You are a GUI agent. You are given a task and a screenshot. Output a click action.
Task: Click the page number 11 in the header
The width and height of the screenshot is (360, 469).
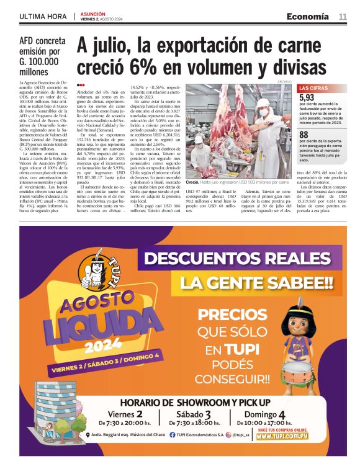343,16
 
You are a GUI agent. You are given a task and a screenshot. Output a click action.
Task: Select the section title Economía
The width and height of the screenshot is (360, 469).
307,16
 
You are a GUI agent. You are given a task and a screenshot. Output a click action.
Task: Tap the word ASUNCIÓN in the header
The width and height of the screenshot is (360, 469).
92,13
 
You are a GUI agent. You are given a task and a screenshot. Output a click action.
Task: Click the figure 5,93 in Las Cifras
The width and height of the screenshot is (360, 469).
307,97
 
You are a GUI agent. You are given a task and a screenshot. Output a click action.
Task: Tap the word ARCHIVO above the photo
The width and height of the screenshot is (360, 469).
284,81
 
